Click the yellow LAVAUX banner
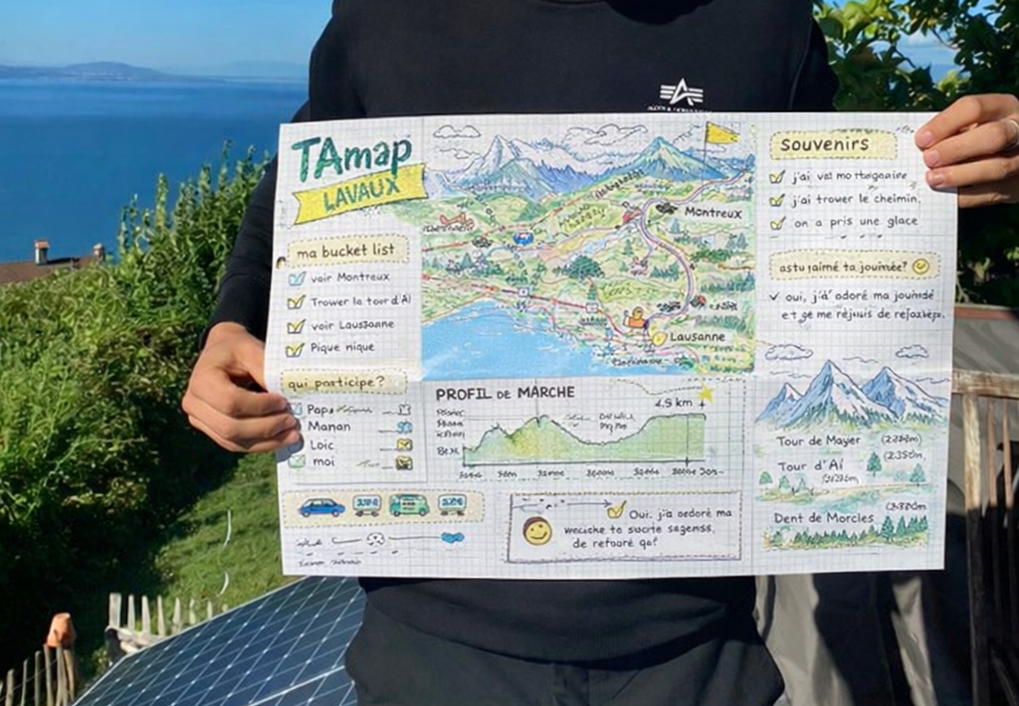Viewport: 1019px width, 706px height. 361,191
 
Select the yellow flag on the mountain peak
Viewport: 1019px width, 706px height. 721,133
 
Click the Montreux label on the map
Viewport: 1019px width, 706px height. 713,213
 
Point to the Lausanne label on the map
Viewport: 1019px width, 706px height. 699,336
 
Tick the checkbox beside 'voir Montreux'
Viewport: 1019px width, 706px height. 297,278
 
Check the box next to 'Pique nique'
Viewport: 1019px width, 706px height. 295,349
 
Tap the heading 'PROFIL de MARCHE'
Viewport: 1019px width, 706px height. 505,393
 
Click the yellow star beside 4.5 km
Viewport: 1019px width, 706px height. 706,395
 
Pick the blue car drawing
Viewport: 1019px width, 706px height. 321,507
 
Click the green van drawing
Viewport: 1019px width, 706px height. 409,505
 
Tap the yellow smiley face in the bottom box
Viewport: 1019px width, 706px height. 537,531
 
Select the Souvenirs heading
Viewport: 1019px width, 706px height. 832,145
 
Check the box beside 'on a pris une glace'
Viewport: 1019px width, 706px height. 777,224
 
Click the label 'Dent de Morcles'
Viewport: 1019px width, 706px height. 824,518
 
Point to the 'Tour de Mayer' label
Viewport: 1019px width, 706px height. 819,441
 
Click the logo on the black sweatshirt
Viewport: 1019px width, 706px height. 681,94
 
